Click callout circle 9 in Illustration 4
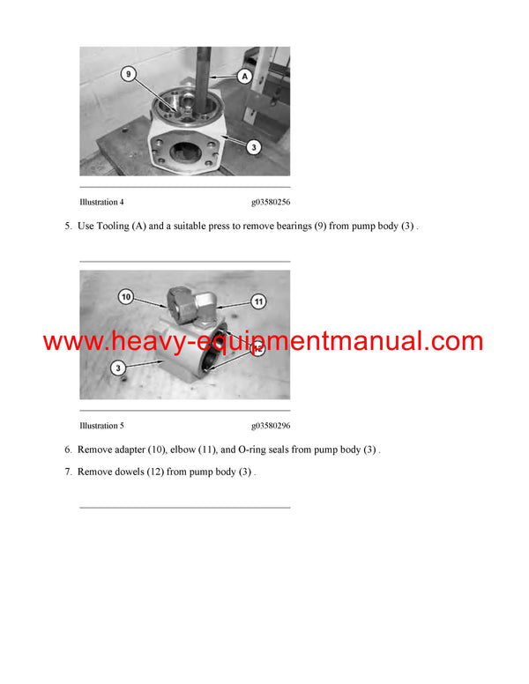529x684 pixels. click(130, 75)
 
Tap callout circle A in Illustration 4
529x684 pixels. click(244, 78)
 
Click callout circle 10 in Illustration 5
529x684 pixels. click(126, 298)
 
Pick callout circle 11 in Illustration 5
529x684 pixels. click(258, 301)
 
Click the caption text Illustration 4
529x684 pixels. click(101, 202)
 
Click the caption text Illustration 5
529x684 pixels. click(101, 426)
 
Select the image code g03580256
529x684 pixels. click(271, 202)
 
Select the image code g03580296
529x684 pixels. click(271, 426)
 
